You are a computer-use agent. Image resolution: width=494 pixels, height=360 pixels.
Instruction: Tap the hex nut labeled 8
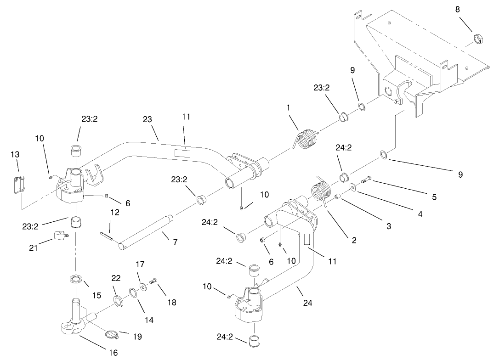[x=478, y=39]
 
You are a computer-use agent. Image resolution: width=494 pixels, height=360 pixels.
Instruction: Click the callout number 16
[x=113, y=352]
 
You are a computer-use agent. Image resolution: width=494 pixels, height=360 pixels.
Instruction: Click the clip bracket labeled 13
[x=18, y=184]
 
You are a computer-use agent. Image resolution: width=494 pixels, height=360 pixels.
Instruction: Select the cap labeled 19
[x=113, y=334]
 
